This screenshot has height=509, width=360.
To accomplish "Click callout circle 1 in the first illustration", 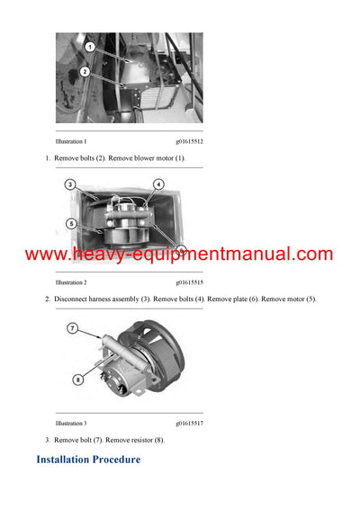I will click(90, 46).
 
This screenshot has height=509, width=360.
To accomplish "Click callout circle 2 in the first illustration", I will click(85, 71).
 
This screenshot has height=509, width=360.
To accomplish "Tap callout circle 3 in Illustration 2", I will click(69, 184).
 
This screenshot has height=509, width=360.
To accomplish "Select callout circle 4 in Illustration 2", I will click(158, 184).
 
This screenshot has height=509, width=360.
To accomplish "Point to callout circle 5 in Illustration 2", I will click(70, 223).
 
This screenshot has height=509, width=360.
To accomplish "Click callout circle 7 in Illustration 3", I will click(71, 329).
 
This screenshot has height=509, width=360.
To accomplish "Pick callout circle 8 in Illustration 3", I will click(78, 380).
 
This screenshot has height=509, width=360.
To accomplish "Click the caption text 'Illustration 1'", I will click(71, 142).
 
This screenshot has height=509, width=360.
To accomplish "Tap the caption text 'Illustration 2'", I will click(71, 282).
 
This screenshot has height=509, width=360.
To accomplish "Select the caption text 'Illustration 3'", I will click(71, 423).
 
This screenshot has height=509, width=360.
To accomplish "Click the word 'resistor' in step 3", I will click(141, 440).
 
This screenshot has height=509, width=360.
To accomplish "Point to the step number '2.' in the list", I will click(48, 299).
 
